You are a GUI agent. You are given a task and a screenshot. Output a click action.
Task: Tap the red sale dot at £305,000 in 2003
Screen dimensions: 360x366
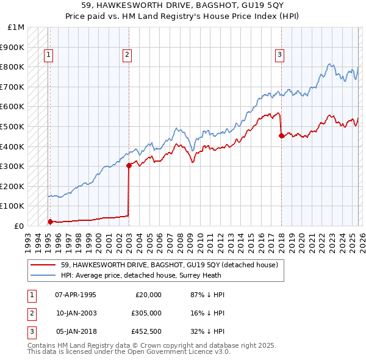click(129, 165)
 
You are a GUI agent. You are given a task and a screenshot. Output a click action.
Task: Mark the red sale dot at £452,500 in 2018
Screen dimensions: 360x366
click(281, 136)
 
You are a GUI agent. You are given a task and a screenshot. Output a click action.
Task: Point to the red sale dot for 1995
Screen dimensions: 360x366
click(50, 221)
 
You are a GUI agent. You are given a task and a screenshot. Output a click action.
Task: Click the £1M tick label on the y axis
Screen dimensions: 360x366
click(16, 27)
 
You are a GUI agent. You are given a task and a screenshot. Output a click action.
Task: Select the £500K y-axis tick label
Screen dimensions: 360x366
click(13, 126)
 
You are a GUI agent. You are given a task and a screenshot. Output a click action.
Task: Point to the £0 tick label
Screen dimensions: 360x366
click(19, 226)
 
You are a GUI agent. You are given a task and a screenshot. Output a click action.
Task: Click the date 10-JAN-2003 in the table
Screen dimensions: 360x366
click(76, 313)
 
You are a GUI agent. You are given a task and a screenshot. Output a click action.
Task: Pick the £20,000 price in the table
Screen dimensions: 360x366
click(147, 295)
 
